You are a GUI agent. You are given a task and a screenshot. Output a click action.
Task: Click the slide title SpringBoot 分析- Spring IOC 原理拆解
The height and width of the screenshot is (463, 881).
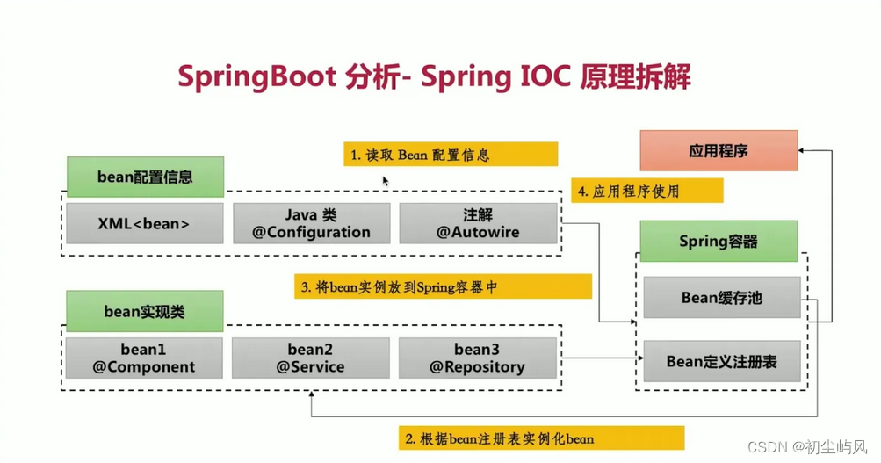434,76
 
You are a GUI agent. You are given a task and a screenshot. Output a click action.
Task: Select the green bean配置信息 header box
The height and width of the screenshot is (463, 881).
145,177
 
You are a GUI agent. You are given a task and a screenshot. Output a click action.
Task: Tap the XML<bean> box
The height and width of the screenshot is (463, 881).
144,223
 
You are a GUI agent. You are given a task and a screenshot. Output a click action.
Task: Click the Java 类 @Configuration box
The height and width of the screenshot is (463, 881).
311,223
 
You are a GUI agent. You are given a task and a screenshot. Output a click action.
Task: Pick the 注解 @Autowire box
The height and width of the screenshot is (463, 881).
478,223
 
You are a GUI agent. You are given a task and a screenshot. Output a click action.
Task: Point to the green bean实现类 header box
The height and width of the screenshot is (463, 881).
145,311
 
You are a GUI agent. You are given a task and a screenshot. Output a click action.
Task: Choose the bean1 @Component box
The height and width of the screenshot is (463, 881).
144,358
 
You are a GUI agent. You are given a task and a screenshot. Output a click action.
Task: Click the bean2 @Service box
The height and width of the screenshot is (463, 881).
310,358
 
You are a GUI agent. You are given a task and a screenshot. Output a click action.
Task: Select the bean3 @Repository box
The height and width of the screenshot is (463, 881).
477,358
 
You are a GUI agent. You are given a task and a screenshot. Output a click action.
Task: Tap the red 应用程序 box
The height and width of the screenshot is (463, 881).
719,150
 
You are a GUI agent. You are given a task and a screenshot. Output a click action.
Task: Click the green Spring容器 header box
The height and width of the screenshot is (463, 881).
719,241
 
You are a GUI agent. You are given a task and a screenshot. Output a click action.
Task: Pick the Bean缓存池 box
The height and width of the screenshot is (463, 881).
721,298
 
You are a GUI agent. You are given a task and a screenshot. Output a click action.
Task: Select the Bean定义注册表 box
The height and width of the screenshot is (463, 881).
721,361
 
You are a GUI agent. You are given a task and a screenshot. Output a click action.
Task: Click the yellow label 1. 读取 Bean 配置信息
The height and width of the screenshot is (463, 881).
451,155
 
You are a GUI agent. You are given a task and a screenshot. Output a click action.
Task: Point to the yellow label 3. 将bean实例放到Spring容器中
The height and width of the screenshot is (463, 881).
443,286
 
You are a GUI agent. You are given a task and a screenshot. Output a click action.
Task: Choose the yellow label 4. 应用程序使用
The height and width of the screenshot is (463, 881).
647,191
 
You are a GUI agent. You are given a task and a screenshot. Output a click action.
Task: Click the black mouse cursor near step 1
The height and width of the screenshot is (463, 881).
385,181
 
